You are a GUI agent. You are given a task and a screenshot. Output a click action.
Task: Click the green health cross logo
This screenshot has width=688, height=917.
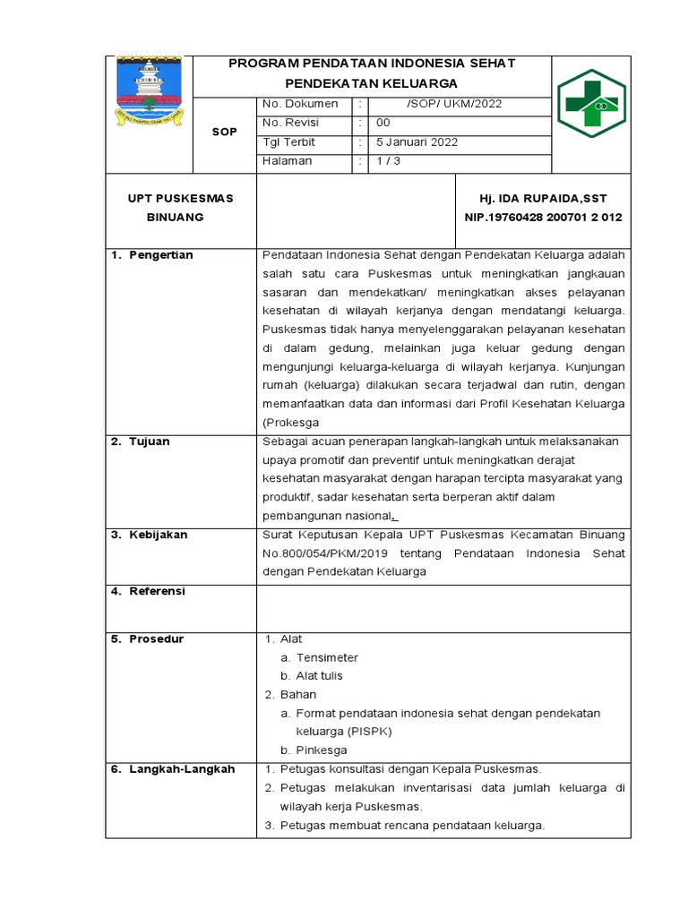pyautogui.click(x=593, y=104)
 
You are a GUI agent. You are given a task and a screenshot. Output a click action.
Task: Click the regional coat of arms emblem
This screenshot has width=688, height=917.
pyautogui.click(x=150, y=91)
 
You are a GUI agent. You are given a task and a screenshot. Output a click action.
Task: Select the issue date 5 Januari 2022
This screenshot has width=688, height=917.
pyautogui.click(x=417, y=141)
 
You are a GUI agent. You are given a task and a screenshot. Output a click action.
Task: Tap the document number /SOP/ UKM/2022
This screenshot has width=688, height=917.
pyautogui.click(x=454, y=103)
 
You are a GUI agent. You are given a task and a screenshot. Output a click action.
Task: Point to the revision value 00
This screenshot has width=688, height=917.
pyautogui.click(x=383, y=123)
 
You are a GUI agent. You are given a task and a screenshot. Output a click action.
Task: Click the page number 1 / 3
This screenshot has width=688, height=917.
pyautogui.click(x=389, y=160)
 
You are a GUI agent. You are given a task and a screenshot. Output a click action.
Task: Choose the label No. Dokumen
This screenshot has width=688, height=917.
pyautogui.click(x=300, y=103)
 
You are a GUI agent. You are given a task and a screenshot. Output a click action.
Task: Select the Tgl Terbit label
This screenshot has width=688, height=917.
pyautogui.click(x=289, y=141)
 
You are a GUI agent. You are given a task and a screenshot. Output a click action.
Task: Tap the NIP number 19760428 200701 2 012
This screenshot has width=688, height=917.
pyautogui.click(x=543, y=217)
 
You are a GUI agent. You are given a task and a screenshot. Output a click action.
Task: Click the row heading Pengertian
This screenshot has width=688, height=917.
pyautogui.click(x=160, y=255)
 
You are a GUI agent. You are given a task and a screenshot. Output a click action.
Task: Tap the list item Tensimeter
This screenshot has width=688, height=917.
pyautogui.click(x=327, y=657)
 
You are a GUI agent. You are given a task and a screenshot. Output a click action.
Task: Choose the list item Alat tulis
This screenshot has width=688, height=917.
pyautogui.click(x=319, y=675)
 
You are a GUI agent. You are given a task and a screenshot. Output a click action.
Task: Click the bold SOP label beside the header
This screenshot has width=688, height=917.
pyautogui.click(x=225, y=132)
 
